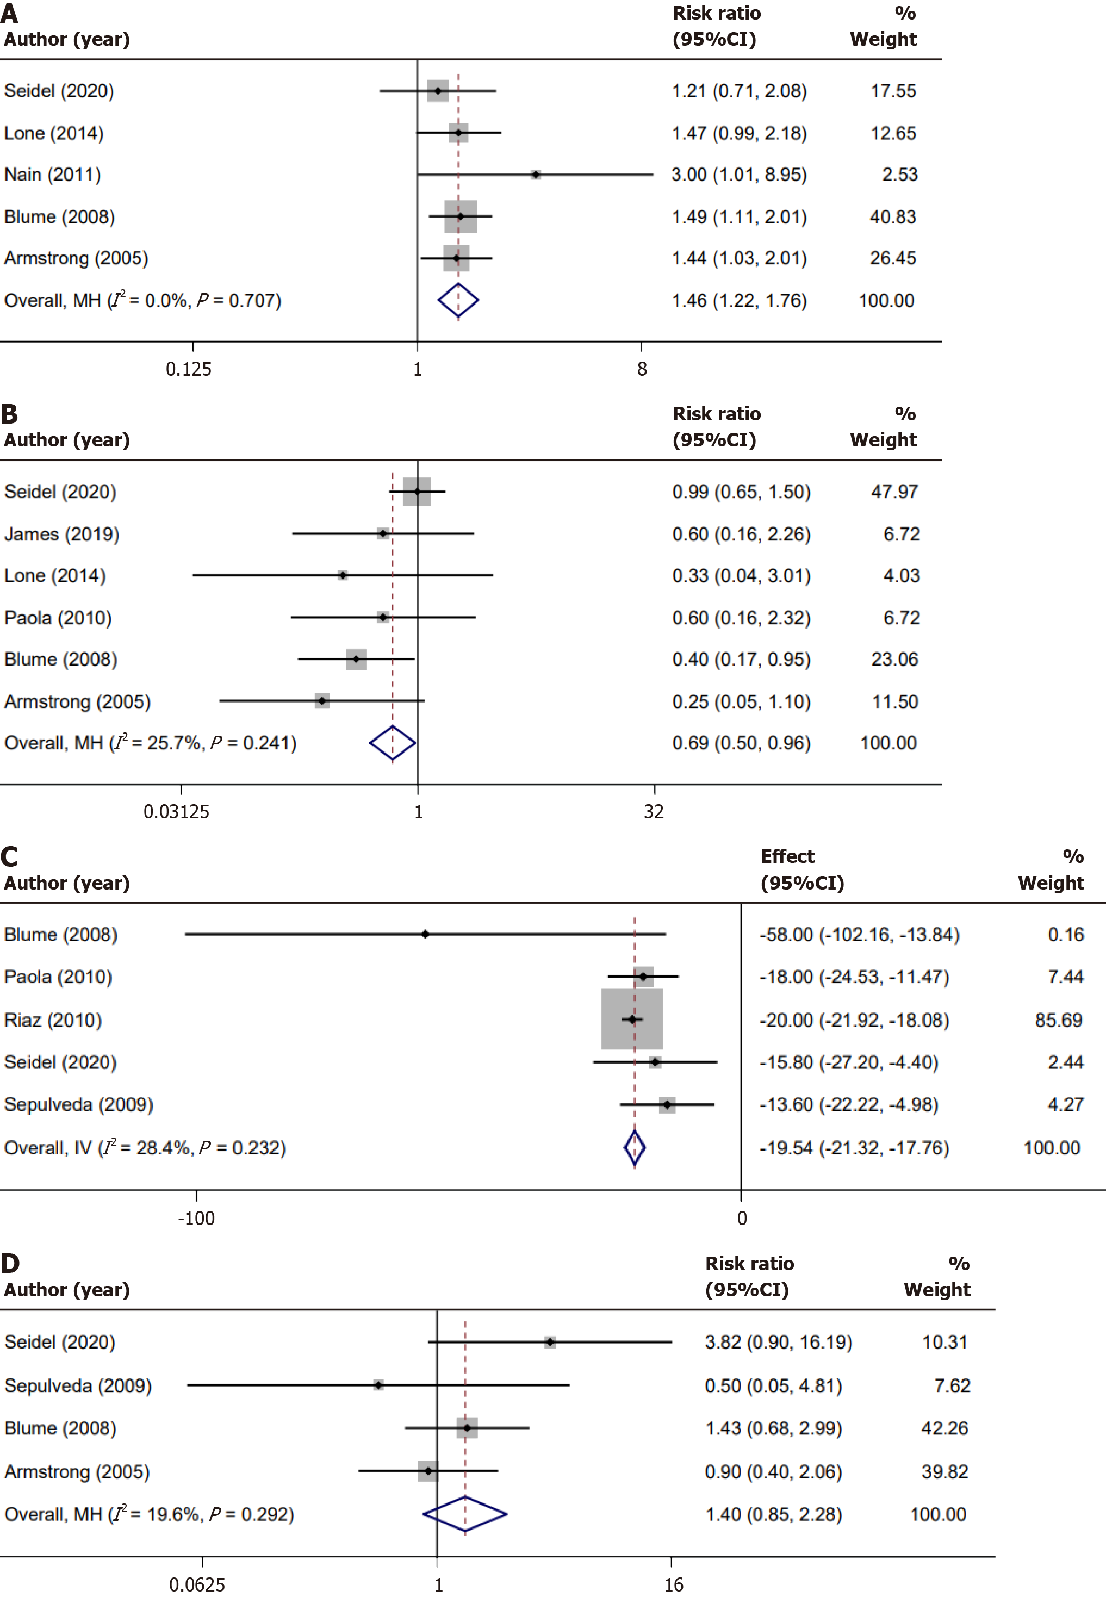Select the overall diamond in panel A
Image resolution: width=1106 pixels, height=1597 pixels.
click(458, 301)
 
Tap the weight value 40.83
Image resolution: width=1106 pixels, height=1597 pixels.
click(892, 217)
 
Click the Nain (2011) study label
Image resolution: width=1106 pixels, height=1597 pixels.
click(53, 175)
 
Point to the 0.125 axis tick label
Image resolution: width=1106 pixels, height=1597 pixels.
click(189, 369)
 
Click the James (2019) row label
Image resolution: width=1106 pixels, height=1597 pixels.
click(61, 534)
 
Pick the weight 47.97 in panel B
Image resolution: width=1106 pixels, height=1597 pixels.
click(894, 492)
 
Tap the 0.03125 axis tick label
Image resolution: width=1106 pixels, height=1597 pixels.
click(176, 812)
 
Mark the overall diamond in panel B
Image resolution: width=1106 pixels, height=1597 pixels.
click(392, 743)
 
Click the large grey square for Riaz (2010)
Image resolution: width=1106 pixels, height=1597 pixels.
click(631, 1019)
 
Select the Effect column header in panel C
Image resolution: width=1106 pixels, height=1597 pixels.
click(787, 856)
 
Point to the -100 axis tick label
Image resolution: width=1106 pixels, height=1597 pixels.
click(196, 1219)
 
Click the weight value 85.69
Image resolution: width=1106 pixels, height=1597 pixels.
click(1058, 1020)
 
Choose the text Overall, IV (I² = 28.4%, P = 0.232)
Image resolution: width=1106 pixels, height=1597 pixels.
click(145, 1148)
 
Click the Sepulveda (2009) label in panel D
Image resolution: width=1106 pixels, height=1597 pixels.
click(78, 1385)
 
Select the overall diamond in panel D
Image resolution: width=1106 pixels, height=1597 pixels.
click(465, 1514)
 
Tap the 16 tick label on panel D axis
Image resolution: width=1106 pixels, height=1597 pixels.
click(673, 1585)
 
